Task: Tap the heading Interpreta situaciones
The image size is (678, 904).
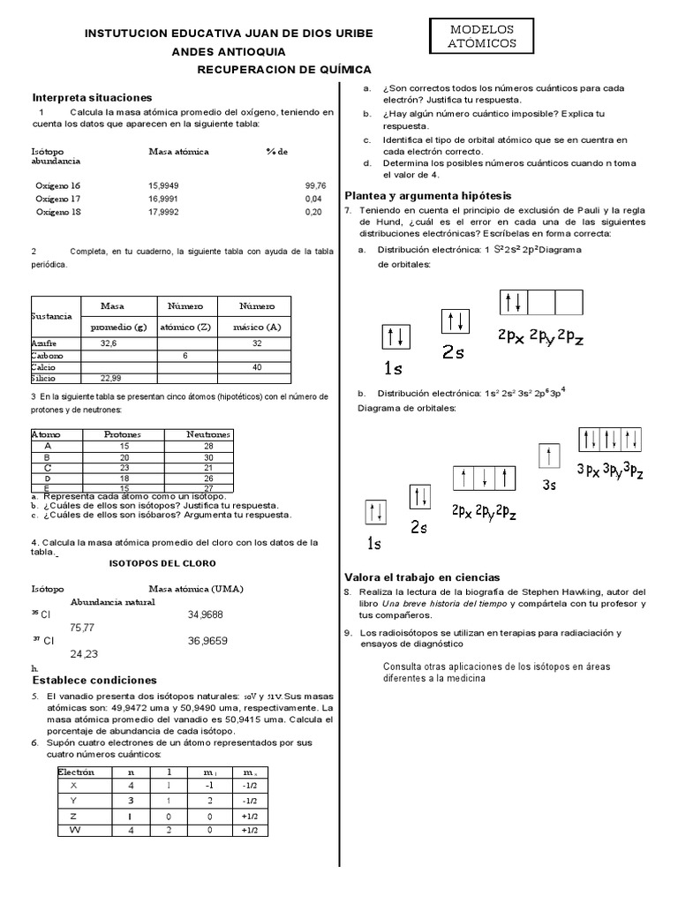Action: (93, 97)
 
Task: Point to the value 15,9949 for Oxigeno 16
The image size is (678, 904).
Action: (163, 186)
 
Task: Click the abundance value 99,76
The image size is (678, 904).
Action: (315, 186)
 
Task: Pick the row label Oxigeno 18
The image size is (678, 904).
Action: (57, 212)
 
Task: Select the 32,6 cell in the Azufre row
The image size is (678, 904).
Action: (109, 343)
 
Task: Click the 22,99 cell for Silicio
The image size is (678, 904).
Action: (109, 377)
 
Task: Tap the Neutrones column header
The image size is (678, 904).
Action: (208, 434)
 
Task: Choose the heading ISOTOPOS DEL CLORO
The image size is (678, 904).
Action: (162, 562)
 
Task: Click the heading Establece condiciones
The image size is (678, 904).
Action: (94, 680)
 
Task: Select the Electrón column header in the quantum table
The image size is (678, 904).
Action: (76, 772)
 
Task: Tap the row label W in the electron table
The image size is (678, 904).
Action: (74, 830)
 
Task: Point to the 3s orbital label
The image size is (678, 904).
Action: (549, 484)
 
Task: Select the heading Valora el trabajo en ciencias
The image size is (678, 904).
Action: (422, 576)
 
